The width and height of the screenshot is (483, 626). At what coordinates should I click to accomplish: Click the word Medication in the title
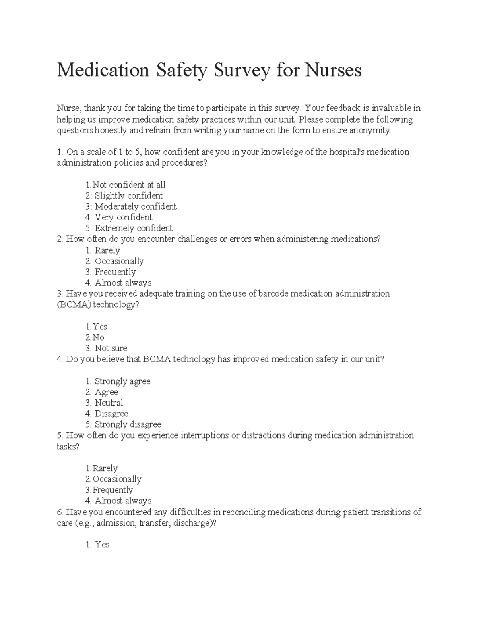[x=103, y=71]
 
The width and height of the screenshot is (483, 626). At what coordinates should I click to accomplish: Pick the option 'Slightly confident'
[x=128, y=196]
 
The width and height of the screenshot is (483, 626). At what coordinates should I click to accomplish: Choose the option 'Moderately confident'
[x=135, y=207]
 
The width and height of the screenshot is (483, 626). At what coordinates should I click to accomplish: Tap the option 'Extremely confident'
[x=133, y=228]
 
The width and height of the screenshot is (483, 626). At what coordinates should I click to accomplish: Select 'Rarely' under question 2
[x=107, y=250]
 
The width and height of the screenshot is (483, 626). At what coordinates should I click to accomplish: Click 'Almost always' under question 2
[x=123, y=283]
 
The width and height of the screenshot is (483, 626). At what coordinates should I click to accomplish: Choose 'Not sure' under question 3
[x=111, y=348]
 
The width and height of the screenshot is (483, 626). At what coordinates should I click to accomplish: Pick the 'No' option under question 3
[x=98, y=337]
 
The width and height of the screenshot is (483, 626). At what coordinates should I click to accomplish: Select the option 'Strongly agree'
[x=122, y=381]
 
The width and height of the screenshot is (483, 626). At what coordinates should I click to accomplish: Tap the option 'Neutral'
[x=109, y=403]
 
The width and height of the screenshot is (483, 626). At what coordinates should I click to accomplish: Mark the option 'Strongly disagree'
[x=128, y=424]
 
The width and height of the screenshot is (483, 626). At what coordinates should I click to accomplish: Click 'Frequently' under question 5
[x=112, y=490]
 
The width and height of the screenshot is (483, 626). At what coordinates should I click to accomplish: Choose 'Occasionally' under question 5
[x=117, y=479]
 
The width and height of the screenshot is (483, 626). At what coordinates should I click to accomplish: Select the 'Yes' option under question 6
[x=102, y=545]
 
